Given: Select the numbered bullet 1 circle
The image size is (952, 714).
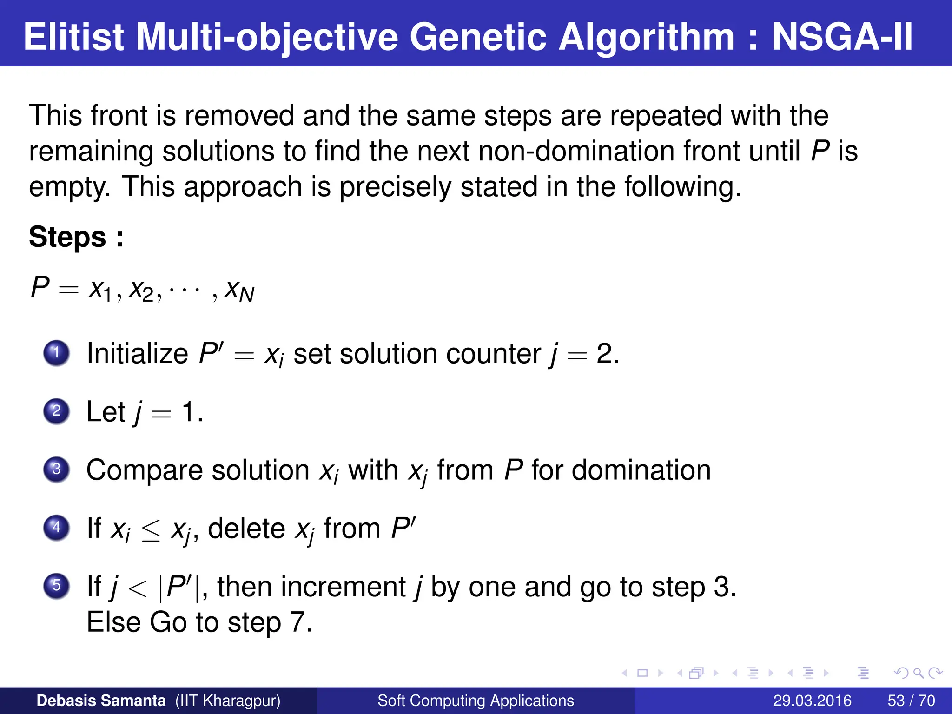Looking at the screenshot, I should [x=57, y=353].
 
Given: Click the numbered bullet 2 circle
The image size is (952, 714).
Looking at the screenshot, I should [x=57, y=411].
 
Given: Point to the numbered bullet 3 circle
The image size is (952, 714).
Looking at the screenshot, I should [x=57, y=469].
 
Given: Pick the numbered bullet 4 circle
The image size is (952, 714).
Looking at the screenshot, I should [x=57, y=528].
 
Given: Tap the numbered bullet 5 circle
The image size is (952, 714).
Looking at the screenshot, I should [x=57, y=586].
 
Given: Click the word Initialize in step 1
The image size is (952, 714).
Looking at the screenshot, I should [x=137, y=354].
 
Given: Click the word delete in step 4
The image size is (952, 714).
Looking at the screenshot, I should [x=246, y=529].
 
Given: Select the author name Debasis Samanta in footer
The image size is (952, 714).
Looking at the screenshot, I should [x=101, y=701].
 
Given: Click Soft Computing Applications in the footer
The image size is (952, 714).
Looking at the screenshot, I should [x=476, y=701].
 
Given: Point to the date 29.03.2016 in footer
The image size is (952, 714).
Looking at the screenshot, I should [x=812, y=701].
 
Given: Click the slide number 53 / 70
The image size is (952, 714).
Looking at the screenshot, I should [x=911, y=701].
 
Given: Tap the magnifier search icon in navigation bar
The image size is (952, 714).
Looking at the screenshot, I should [x=918, y=673].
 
